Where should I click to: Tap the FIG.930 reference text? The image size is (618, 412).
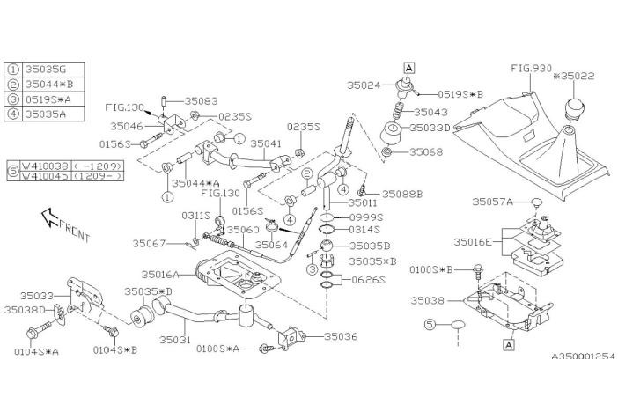point(531,67)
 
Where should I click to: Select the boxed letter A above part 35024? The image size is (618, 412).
point(408,66)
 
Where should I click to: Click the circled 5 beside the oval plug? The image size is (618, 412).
point(430,325)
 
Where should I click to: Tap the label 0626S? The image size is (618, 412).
point(369,279)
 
